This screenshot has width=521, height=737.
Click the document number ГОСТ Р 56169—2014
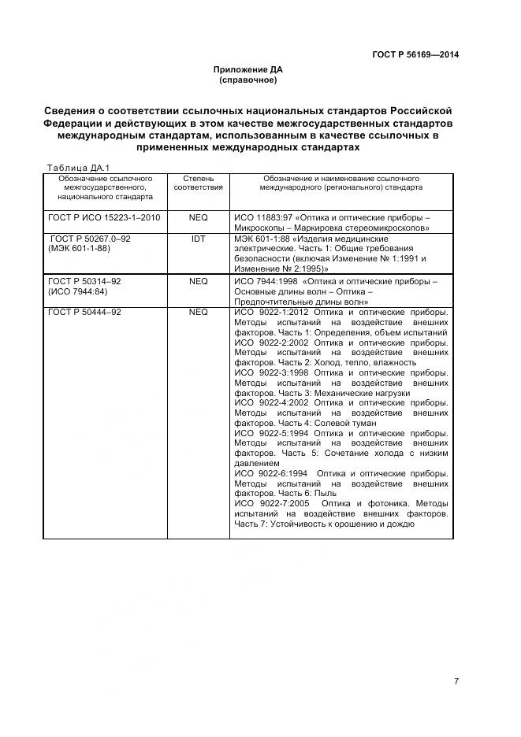click(x=415, y=54)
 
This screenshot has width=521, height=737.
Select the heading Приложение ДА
click(x=247, y=70)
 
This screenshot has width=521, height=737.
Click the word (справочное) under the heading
click(x=247, y=80)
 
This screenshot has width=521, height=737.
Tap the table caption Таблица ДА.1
click(x=79, y=168)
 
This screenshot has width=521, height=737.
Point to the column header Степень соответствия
click(x=198, y=183)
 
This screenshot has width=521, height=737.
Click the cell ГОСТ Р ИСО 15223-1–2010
click(x=94, y=217)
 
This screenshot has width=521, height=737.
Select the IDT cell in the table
click(x=198, y=238)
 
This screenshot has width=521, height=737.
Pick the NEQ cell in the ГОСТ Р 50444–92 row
click(x=198, y=313)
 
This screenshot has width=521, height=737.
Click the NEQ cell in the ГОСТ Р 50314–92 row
click(x=198, y=281)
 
